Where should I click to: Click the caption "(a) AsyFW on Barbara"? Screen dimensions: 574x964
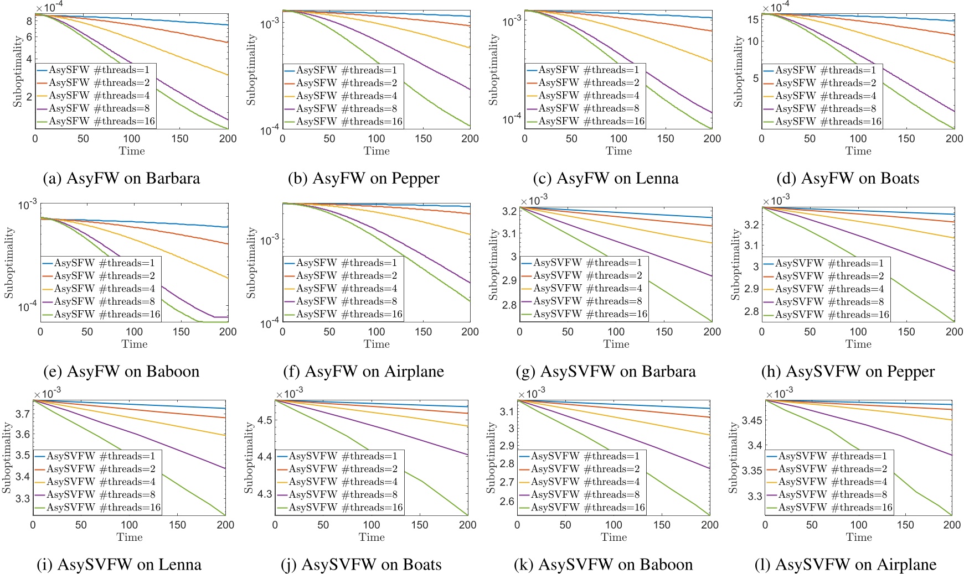[x=121, y=179]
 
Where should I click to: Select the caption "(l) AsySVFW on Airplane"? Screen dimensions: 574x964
[x=845, y=565]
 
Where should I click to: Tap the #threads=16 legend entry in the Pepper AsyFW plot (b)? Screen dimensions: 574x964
[x=343, y=122]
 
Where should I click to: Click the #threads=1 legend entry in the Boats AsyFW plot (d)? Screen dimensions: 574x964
[x=822, y=70]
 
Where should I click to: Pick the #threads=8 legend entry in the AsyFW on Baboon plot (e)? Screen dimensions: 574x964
[x=101, y=301]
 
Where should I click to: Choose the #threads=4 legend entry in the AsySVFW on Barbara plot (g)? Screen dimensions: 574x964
[x=582, y=289]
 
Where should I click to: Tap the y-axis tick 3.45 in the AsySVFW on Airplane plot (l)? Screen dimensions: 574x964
[x=751, y=420]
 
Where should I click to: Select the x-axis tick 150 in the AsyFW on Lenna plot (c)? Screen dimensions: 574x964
[x=665, y=139]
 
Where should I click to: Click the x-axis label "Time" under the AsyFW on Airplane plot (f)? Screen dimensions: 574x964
[x=377, y=344]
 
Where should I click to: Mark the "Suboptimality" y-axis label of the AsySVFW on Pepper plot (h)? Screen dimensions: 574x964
[x=735, y=264]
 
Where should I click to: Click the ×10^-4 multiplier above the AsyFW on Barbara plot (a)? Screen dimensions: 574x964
[x=49, y=6]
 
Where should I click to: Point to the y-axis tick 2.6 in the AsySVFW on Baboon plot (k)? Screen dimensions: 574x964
[x=507, y=502]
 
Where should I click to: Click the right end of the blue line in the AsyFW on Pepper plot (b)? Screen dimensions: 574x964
[x=470, y=16]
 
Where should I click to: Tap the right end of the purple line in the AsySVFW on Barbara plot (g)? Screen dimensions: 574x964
[x=712, y=275]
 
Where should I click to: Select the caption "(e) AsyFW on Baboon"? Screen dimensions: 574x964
[x=121, y=372]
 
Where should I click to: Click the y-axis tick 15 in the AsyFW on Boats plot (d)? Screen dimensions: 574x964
[x=752, y=20]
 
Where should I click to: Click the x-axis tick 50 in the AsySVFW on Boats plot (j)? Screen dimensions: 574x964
[x=323, y=525]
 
